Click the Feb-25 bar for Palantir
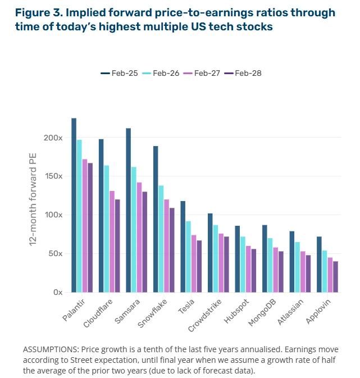pyautogui.click(x=74, y=205)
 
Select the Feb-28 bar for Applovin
pyautogui.click(x=336, y=276)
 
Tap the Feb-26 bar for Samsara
pyautogui.click(x=134, y=229)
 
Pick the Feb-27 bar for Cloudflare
pyautogui.click(x=112, y=242)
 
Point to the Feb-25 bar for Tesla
pyautogui.click(x=183, y=247)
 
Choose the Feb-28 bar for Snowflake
pyautogui.click(x=172, y=250)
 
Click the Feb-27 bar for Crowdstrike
pyautogui.click(x=221, y=263)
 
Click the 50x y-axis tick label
pyautogui.click(x=54, y=254)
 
